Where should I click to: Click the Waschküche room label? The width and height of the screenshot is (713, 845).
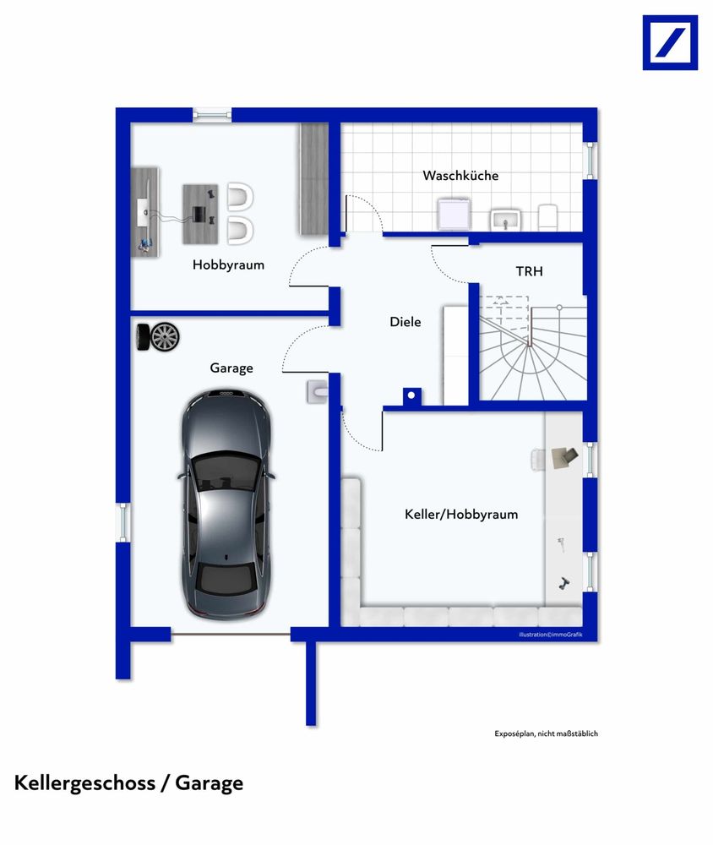tap(460, 175)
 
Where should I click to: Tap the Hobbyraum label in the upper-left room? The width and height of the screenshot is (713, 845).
tap(228, 264)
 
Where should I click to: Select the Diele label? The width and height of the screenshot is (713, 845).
tap(405, 322)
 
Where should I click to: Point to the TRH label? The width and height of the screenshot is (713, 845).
tap(529, 271)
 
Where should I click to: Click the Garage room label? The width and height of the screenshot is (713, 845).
tap(231, 368)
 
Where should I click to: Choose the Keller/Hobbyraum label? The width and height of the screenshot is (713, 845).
tap(461, 514)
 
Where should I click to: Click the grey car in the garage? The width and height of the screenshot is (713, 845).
tap(226, 504)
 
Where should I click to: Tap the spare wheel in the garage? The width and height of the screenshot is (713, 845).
tap(158, 337)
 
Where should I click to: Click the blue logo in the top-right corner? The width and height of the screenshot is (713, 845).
tap(670, 42)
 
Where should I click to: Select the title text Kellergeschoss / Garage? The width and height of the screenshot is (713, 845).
tap(128, 783)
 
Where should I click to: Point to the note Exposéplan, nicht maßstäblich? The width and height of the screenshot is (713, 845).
tap(546, 733)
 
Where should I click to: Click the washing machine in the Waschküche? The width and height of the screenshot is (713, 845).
tap(454, 214)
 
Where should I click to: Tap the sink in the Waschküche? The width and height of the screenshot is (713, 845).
tap(505, 220)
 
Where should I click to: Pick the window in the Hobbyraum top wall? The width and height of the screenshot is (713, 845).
tap(212, 114)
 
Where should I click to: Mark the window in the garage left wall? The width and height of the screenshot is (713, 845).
tap(123, 523)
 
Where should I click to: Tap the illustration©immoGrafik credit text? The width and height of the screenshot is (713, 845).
tap(550, 635)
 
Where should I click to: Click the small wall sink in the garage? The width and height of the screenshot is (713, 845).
tap(317, 392)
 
